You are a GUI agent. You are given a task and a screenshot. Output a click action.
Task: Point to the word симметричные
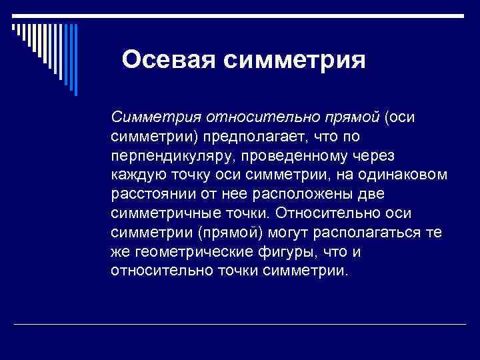[164, 213]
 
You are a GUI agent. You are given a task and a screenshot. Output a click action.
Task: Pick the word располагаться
[375, 232]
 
